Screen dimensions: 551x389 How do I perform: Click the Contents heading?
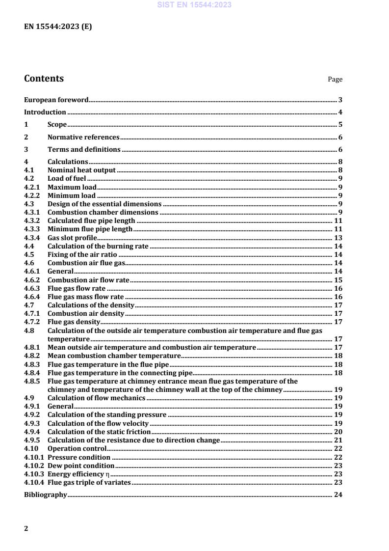44,79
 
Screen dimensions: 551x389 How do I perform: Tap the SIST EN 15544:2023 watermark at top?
194,5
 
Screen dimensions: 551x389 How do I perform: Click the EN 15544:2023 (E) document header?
58,27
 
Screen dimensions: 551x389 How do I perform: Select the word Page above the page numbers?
335,80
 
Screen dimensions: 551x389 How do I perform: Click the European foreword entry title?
56,100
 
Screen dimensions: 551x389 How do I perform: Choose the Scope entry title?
57,125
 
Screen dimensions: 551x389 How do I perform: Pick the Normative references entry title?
83,137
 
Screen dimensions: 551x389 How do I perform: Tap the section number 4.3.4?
32,238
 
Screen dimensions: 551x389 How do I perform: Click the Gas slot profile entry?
72,238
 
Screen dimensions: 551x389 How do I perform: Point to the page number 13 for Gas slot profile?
338,238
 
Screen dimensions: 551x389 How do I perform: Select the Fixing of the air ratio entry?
82,254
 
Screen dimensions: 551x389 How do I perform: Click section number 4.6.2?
32,280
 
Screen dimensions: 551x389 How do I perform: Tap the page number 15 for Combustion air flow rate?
338,280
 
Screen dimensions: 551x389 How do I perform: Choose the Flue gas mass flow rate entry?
85,297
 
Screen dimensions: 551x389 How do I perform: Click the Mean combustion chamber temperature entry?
114,356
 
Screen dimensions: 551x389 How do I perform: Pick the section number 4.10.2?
34,466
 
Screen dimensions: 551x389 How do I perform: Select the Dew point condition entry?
81,466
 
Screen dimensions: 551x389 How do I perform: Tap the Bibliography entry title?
46,495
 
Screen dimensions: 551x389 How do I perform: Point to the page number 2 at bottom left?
26,528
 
